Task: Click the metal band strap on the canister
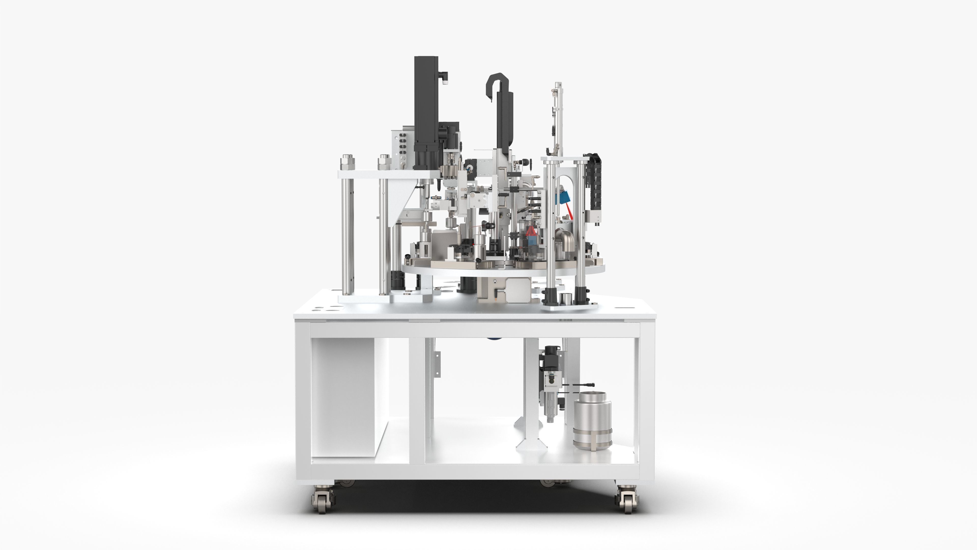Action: tap(592, 433)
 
